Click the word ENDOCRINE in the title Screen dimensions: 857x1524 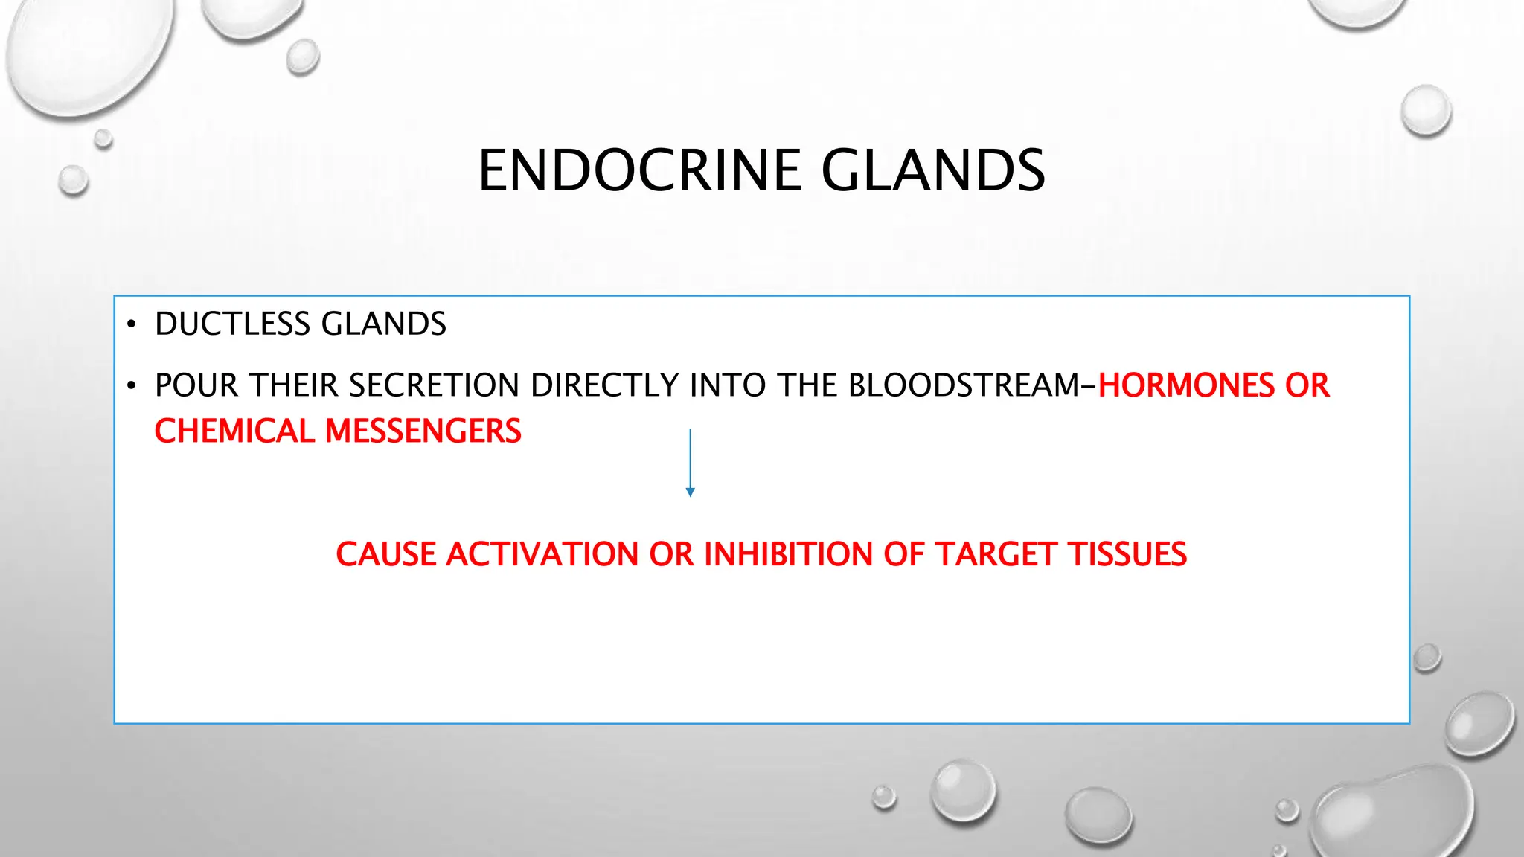pos(638,170)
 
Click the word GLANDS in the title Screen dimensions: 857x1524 pos(933,170)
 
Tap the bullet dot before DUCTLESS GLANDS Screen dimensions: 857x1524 pos(132,325)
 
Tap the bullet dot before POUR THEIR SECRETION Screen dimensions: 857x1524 pos(132,386)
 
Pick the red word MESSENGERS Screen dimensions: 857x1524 pos(423,431)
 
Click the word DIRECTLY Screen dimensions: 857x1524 pos(604,385)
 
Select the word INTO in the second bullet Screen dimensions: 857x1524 pos(727,385)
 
